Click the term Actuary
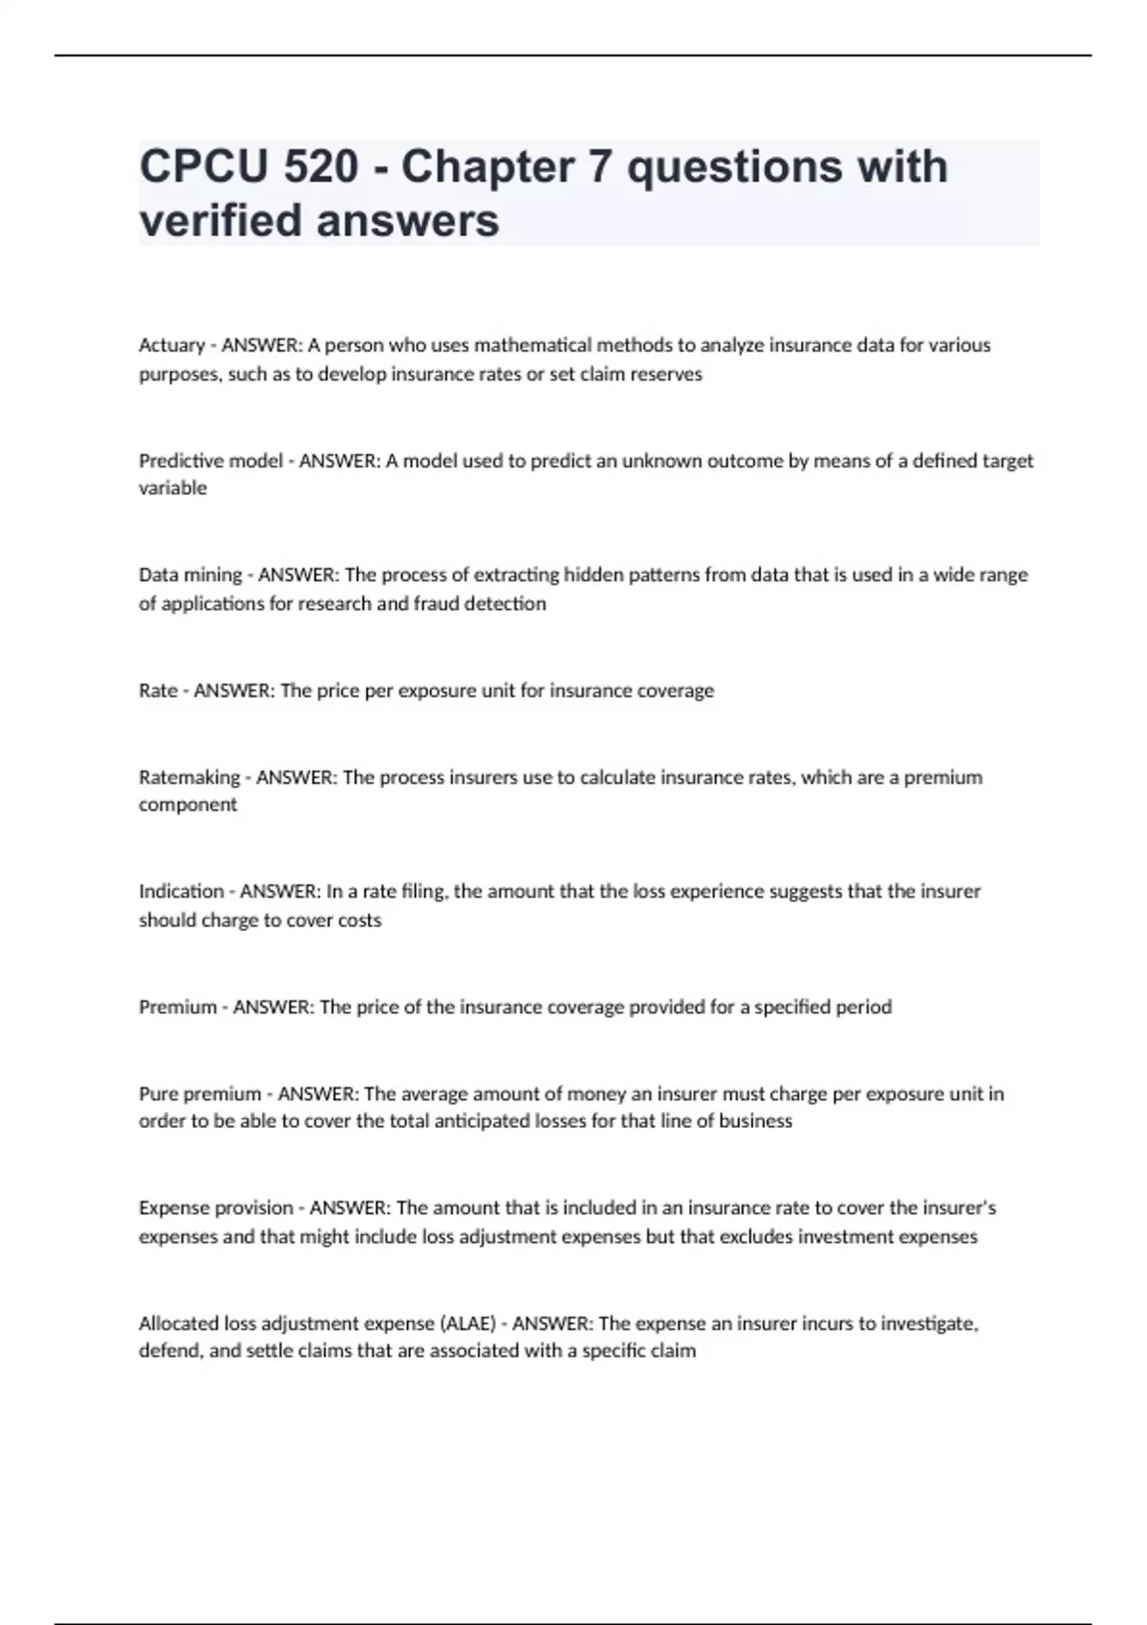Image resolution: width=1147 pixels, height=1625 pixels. point(172,345)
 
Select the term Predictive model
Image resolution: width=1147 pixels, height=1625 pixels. point(211,461)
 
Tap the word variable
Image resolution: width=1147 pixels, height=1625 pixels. point(173,487)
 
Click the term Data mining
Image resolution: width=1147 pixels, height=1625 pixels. point(190,574)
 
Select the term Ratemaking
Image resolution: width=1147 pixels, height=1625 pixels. point(189,777)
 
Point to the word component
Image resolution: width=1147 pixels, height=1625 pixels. point(188,805)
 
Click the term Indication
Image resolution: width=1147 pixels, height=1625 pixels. point(181,891)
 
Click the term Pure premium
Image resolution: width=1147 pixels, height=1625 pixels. point(200,1094)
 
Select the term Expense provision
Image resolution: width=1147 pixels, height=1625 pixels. point(216,1207)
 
